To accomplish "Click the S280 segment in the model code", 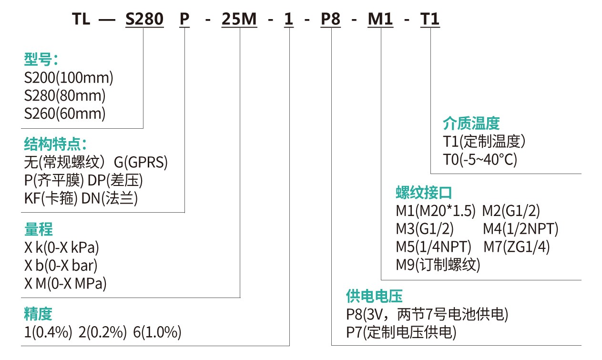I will coord(144,20).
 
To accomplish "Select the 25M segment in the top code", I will coord(239,20).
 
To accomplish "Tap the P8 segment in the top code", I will coord(330,20).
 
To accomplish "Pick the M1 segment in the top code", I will coord(380,20).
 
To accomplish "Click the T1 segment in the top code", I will coord(429,20).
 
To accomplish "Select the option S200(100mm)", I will coord(69,78).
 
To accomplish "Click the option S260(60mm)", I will coord(65,114).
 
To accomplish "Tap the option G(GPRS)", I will coord(141,163).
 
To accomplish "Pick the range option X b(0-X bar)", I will coord(61,266).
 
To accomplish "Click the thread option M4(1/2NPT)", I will coord(520,229).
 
